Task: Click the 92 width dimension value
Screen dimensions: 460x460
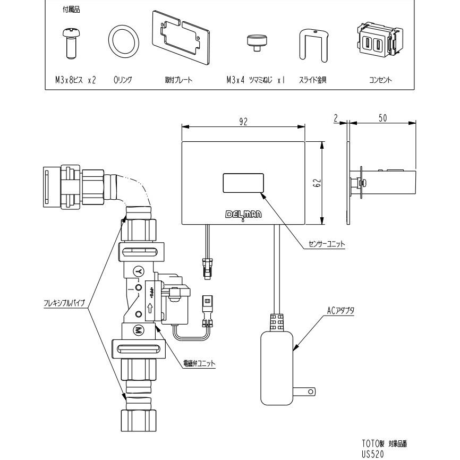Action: point(243,121)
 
